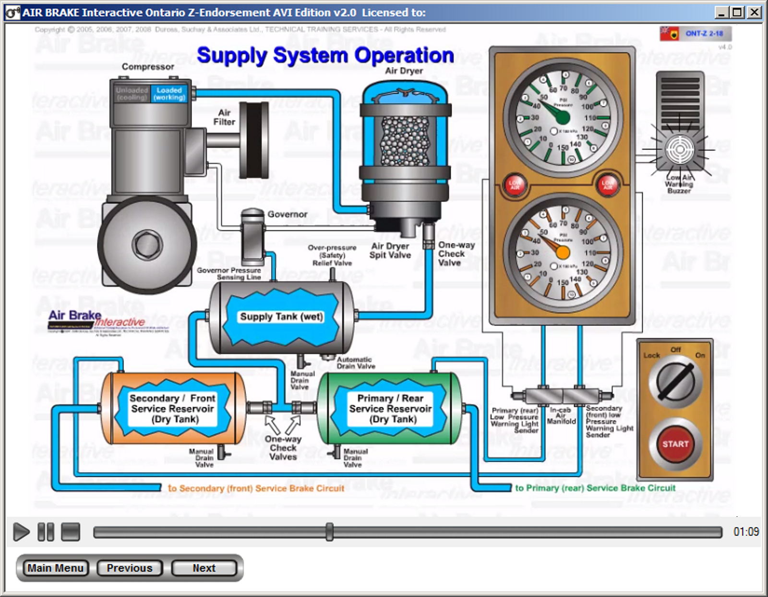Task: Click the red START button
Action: coord(675,444)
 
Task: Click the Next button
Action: coord(204,568)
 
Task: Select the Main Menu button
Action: coord(56,568)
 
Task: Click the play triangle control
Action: coord(21,532)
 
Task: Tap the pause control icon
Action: coord(46,532)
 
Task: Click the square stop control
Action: coord(71,532)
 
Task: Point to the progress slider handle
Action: coord(329,532)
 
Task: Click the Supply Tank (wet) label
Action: coord(281,317)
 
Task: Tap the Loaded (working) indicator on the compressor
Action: coord(169,94)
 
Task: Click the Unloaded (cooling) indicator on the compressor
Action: coord(132,94)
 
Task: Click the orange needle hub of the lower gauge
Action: coord(563,253)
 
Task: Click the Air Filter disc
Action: coord(254,140)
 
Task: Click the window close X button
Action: coord(755,12)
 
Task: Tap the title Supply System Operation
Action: coord(325,56)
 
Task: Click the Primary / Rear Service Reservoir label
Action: coord(390,409)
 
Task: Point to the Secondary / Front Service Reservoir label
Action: coord(172,409)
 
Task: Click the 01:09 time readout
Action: coord(746,532)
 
